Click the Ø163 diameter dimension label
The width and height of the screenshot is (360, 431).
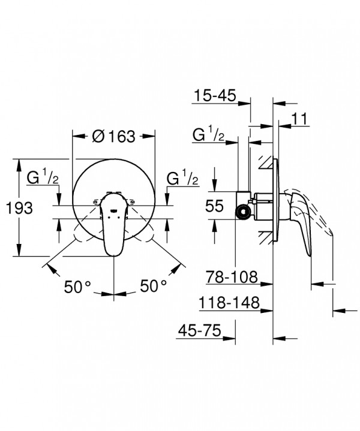pos(113,136)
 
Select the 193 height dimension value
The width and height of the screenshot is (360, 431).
pos(19,208)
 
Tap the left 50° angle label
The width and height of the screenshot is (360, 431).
pos(77,287)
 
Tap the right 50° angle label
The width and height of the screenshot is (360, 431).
pos(154,286)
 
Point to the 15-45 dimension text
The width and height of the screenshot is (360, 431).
pos(215,96)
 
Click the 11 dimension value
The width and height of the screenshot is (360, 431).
pos(299,119)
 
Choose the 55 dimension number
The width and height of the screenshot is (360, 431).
pos(214,206)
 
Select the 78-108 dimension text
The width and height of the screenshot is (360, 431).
pos(232,277)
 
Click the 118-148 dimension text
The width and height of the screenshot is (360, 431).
pos(229,303)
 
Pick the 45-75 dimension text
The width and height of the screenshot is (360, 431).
pos(200,330)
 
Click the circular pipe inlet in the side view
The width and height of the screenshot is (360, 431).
pos(243,212)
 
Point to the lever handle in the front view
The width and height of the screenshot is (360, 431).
pos(113,223)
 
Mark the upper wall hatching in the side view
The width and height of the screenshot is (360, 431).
pos(265,162)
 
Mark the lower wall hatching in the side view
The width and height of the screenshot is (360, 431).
pos(265,237)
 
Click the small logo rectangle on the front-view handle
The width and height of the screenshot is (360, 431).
pos(113,211)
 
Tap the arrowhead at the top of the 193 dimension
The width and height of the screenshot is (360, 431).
pos(19,165)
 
